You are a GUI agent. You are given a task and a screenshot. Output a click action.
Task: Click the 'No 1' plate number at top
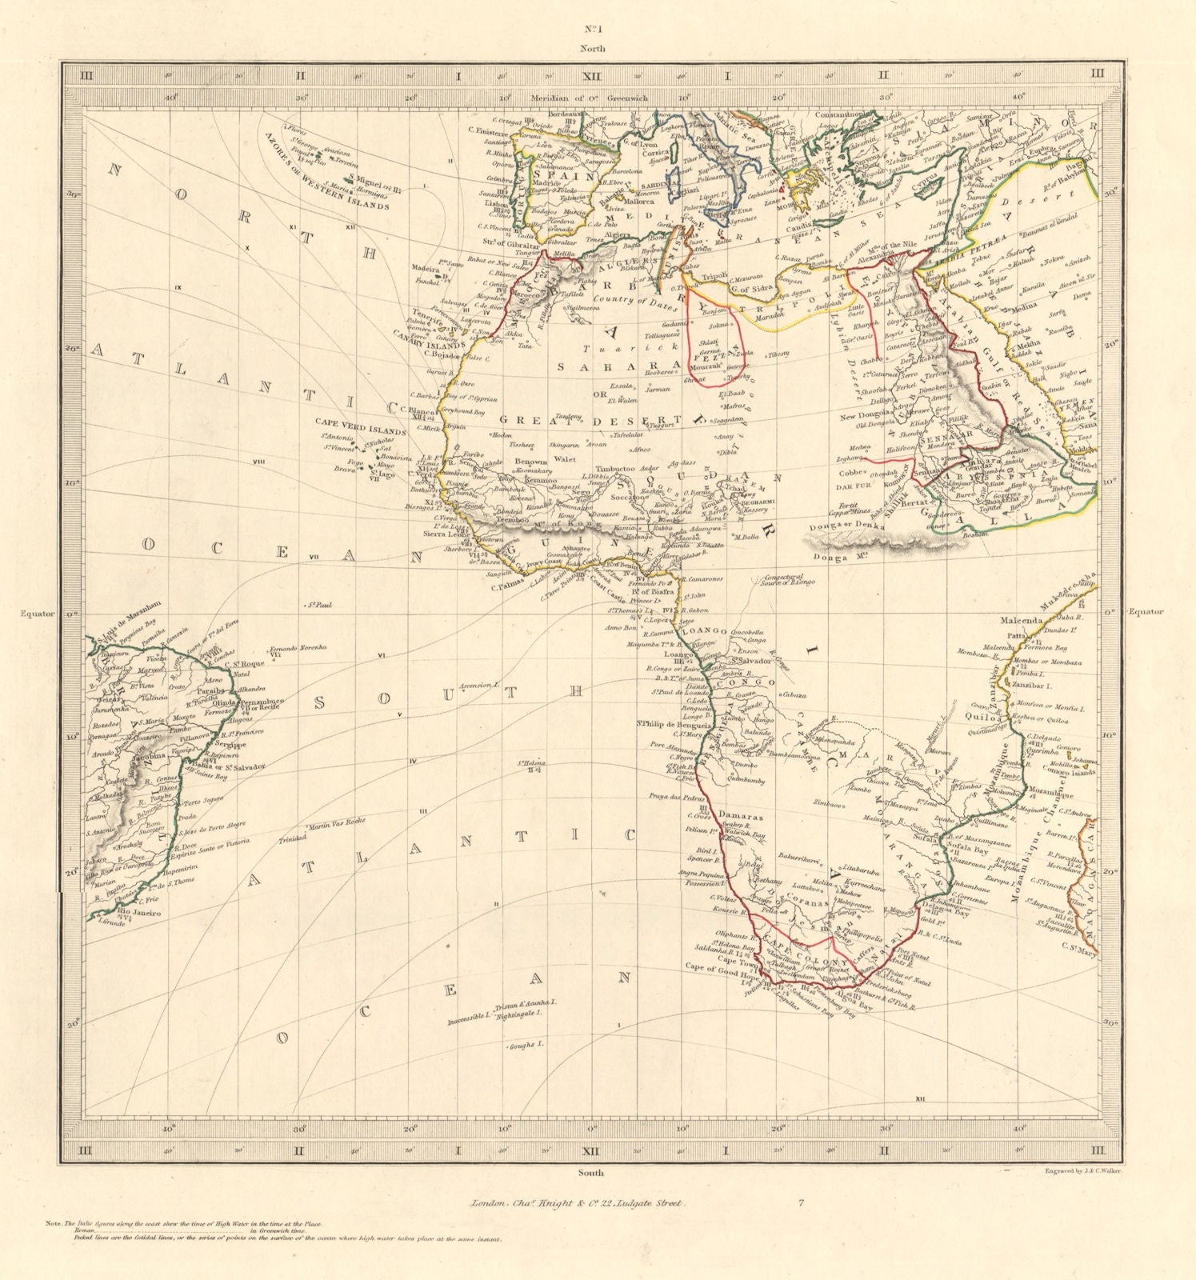click(x=592, y=30)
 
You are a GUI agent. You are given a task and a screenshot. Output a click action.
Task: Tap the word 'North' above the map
click(x=593, y=48)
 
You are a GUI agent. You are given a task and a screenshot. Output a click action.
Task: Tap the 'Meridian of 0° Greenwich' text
click(x=591, y=99)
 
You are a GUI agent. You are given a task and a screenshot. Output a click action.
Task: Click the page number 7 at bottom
click(x=801, y=1202)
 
